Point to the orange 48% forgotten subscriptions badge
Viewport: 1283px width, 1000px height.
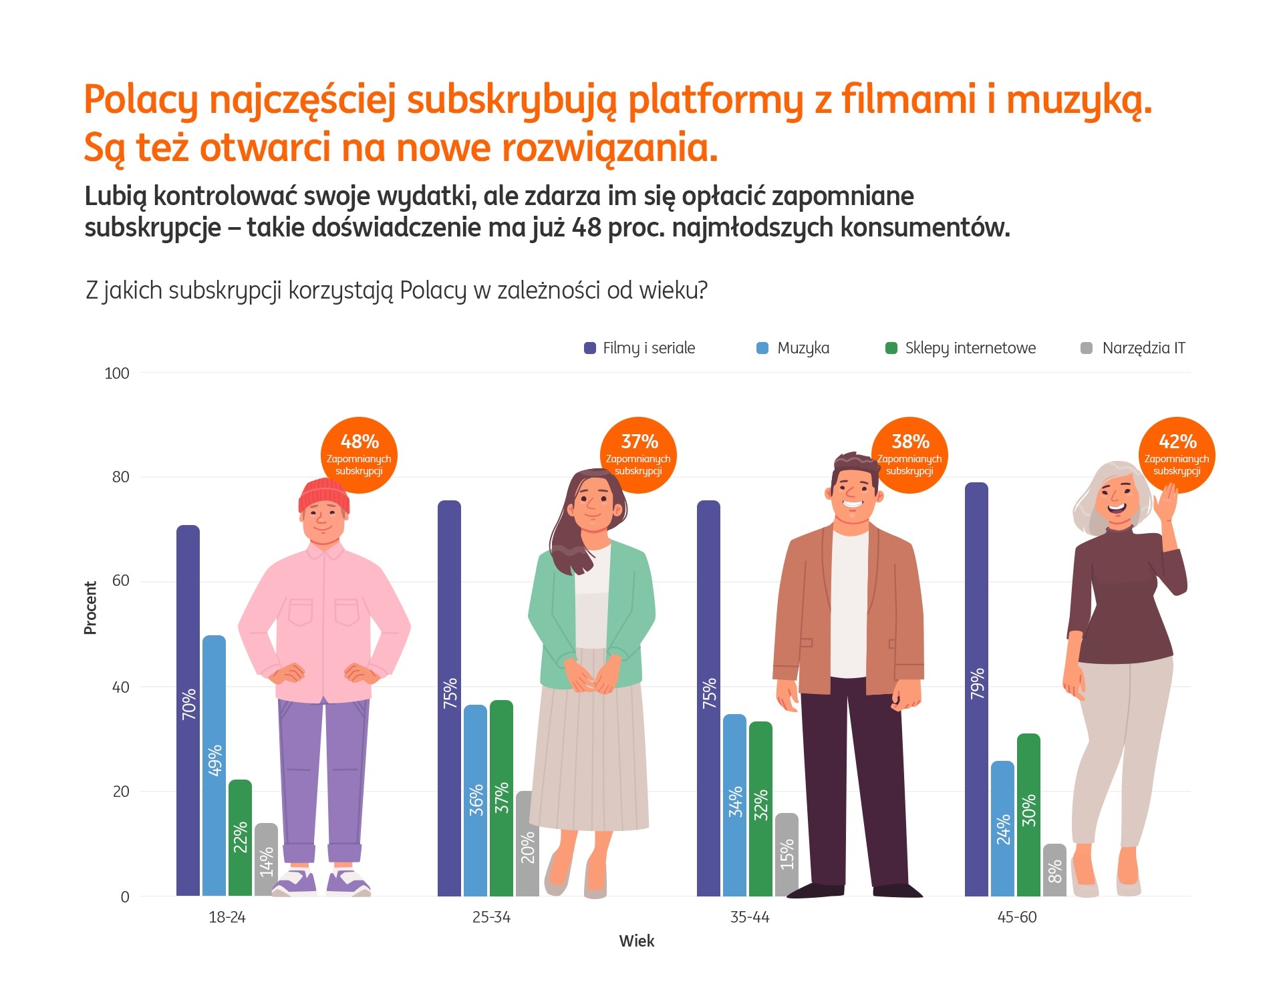(360, 454)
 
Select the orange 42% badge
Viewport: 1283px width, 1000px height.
(1177, 454)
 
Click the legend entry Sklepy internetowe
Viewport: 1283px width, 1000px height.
(970, 348)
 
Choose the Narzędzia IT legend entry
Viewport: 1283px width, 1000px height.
(1143, 348)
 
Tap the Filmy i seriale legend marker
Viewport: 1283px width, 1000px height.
(590, 348)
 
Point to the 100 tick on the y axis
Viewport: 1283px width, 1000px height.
(117, 373)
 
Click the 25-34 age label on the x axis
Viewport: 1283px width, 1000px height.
(491, 917)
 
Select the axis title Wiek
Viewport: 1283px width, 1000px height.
(636, 941)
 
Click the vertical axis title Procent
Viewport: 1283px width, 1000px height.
(90, 607)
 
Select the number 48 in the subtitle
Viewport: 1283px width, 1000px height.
(587, 228)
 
